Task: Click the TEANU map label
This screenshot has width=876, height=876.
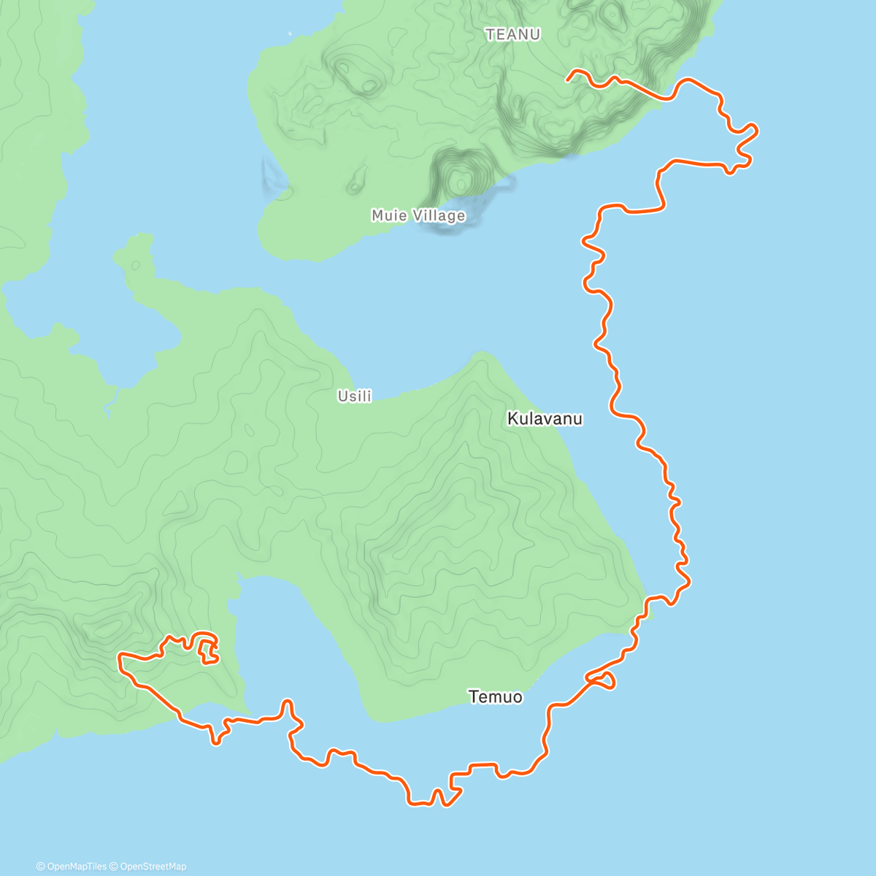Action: click(512, 34)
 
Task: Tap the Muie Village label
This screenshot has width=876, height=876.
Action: click(418, 215)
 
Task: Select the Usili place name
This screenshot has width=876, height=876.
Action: click(354, 396)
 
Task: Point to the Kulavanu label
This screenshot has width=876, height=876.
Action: click(545, 419)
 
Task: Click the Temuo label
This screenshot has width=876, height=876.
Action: click(496, 697)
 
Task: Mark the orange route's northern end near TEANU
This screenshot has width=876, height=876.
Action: click(568, 78)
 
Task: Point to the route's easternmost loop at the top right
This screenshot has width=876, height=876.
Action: click(752, 131)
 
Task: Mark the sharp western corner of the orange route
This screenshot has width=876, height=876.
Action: click(120, 658)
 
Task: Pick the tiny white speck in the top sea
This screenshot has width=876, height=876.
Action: click(290, 34)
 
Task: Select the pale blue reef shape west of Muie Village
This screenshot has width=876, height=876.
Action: click(273, 175)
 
